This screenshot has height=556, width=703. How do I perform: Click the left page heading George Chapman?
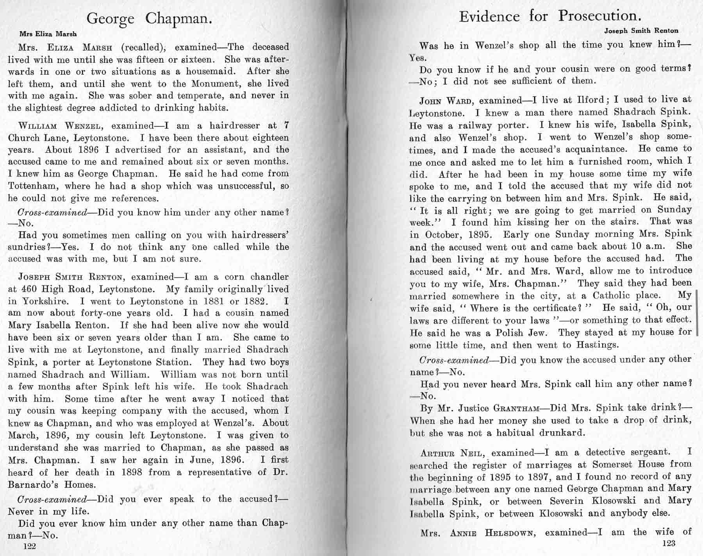149,19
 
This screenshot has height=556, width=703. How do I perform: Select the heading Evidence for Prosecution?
550,16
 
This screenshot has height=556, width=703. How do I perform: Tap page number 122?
30,546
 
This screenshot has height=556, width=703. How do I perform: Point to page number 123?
669,543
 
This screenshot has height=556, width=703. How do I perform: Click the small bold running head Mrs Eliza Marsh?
48,34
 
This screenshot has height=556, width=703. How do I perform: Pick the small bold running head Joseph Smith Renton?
641,30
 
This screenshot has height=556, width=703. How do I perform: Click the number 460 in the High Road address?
29,290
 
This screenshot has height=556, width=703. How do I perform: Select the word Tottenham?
33,186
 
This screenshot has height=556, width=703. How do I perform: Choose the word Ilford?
590,100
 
